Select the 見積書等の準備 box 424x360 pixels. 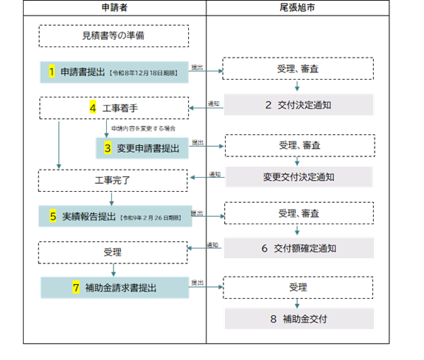point(114,35)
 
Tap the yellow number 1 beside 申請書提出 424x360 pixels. point(52,72)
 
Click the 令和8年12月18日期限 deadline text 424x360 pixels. point(147,72)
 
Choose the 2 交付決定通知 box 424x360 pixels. point(299,105)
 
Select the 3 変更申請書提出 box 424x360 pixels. point(142,148)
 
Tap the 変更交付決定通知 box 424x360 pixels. point(299,177)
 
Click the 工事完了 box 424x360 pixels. point(114,180)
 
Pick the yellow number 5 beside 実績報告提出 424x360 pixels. point(53,216)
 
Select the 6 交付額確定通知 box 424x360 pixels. point(299,249)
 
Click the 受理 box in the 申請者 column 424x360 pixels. point(114,252)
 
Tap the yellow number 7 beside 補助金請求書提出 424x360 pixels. point(76,288)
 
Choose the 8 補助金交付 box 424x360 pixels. point(299,319)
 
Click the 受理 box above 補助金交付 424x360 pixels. point(299,287)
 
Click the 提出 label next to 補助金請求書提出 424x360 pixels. point(198,283)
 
